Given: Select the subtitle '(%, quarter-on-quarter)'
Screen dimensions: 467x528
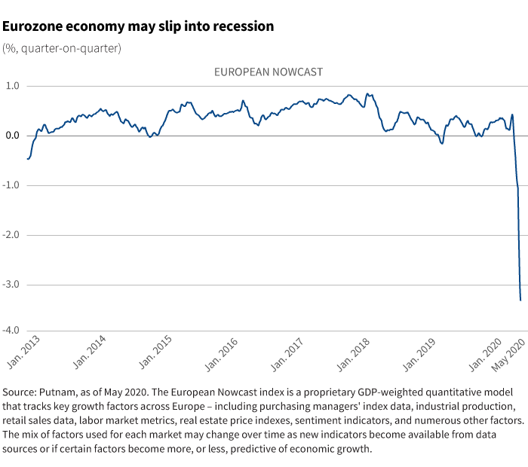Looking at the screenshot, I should [x=62, y=48].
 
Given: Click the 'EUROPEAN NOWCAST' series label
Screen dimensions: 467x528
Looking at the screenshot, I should [x=269, y=72].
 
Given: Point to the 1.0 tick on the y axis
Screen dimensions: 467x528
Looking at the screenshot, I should [x=13, y=86].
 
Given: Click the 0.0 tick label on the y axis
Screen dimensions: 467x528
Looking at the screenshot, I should [x=13, y=136].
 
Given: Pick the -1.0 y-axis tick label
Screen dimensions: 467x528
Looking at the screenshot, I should [x=11, y=185].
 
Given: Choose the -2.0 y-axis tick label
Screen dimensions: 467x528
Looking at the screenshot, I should [x=11, y=235].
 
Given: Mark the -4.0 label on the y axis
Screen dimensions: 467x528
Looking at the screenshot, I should [x=11, y=331].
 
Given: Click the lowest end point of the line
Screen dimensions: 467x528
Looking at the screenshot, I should [x=520, y=301].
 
